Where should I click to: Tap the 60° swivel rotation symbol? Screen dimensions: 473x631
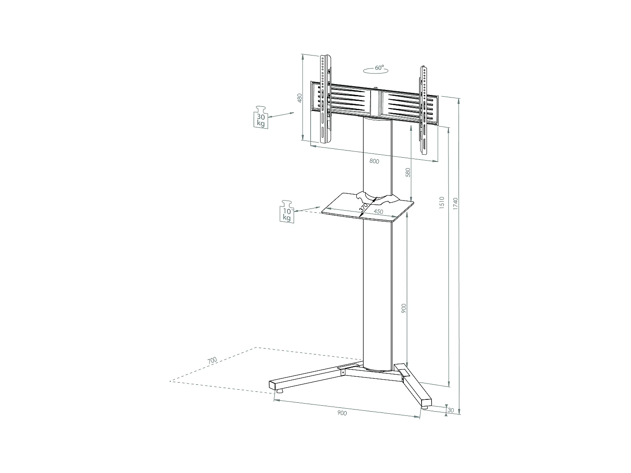coord(376,69)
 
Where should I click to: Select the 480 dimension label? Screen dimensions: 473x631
coord(300,98)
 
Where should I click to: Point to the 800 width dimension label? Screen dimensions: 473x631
coord(374,161)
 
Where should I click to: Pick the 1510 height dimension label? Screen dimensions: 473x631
coord(442,203)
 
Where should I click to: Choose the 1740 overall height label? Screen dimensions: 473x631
coord(455,203)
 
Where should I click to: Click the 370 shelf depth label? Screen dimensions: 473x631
coord(363,207)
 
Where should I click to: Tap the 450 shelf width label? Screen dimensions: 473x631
coord(379,212)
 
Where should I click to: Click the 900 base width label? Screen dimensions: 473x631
coord(342,413)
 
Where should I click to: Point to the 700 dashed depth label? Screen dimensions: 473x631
coord(212,361)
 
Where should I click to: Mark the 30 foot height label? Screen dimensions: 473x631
coord(451,410)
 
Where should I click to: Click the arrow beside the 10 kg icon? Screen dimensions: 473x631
coord(308,209)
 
